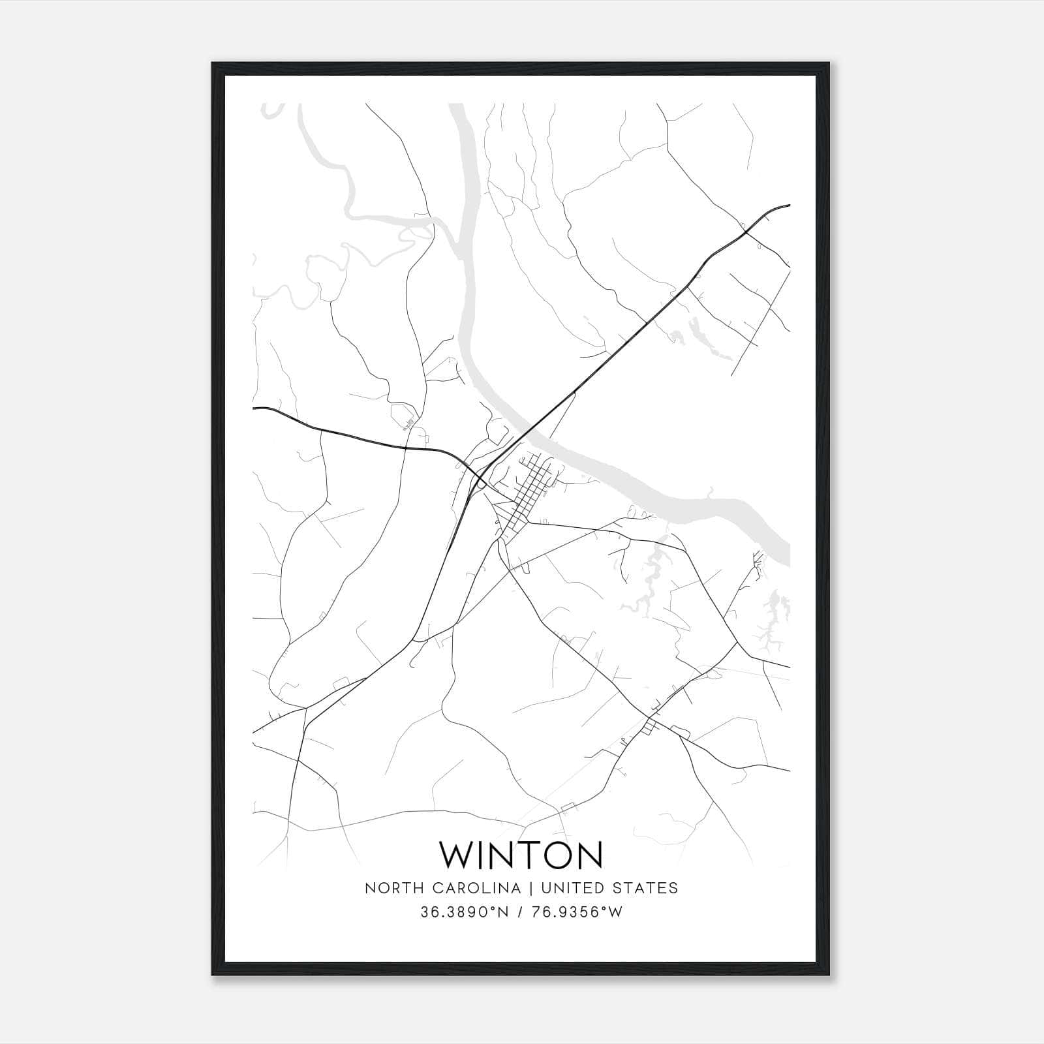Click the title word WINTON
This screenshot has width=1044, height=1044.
click(521, 855)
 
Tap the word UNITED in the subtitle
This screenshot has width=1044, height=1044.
click(572, 888)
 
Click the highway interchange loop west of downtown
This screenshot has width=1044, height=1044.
click(481, 480)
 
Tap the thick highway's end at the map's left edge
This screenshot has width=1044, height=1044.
click(254, 408)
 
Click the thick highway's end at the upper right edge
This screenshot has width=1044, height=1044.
click(788, 205)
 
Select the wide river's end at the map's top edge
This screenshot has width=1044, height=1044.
click(459, 106)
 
